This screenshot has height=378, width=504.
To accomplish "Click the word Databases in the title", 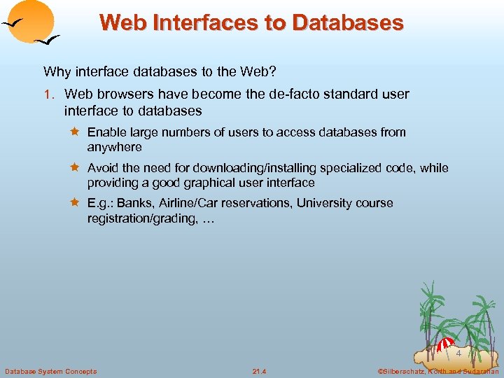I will click(x=347, y=22).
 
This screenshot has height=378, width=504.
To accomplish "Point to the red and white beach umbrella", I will click(x=445, y=345).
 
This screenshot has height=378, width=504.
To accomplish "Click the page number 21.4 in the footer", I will click(x=260, y=371).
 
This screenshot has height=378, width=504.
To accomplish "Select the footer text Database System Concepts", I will click(x=51, y=371).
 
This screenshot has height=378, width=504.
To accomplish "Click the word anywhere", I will click(x=114, y=147).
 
